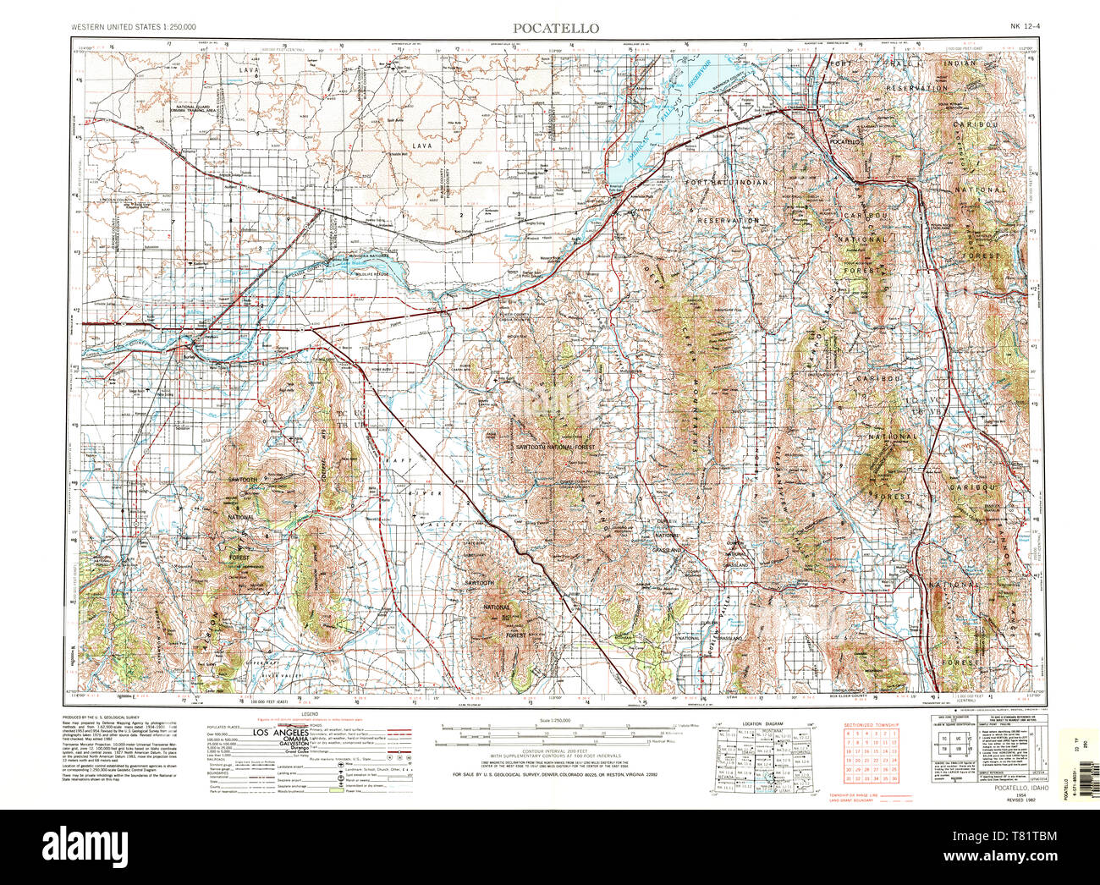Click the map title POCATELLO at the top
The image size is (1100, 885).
(556, 28)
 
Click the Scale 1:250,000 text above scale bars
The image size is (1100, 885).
(555, 719)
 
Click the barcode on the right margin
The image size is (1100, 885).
(1068, 748)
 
